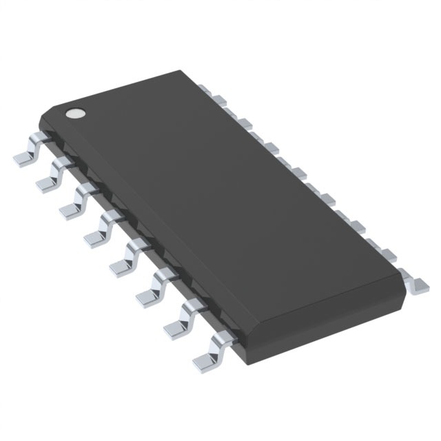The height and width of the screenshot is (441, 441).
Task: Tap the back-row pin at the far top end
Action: (205, 88)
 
